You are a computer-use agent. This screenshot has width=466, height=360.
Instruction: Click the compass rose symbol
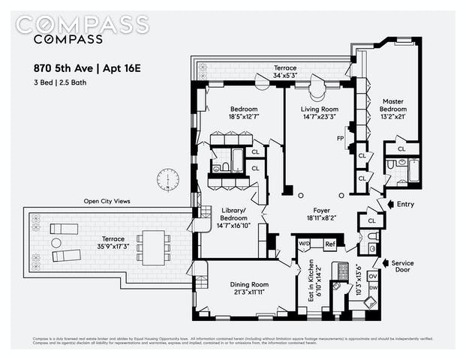point(168,180)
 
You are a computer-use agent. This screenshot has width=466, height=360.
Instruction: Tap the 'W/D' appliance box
point(305,244)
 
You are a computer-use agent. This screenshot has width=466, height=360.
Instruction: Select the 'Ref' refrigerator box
point(329,244)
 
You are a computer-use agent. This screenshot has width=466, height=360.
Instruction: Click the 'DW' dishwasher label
point(373,288)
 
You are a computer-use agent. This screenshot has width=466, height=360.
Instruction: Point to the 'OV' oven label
point(373,276)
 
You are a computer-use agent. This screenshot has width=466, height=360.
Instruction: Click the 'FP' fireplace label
point(340,138)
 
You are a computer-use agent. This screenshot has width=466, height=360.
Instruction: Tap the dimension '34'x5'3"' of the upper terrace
point(285,75)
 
